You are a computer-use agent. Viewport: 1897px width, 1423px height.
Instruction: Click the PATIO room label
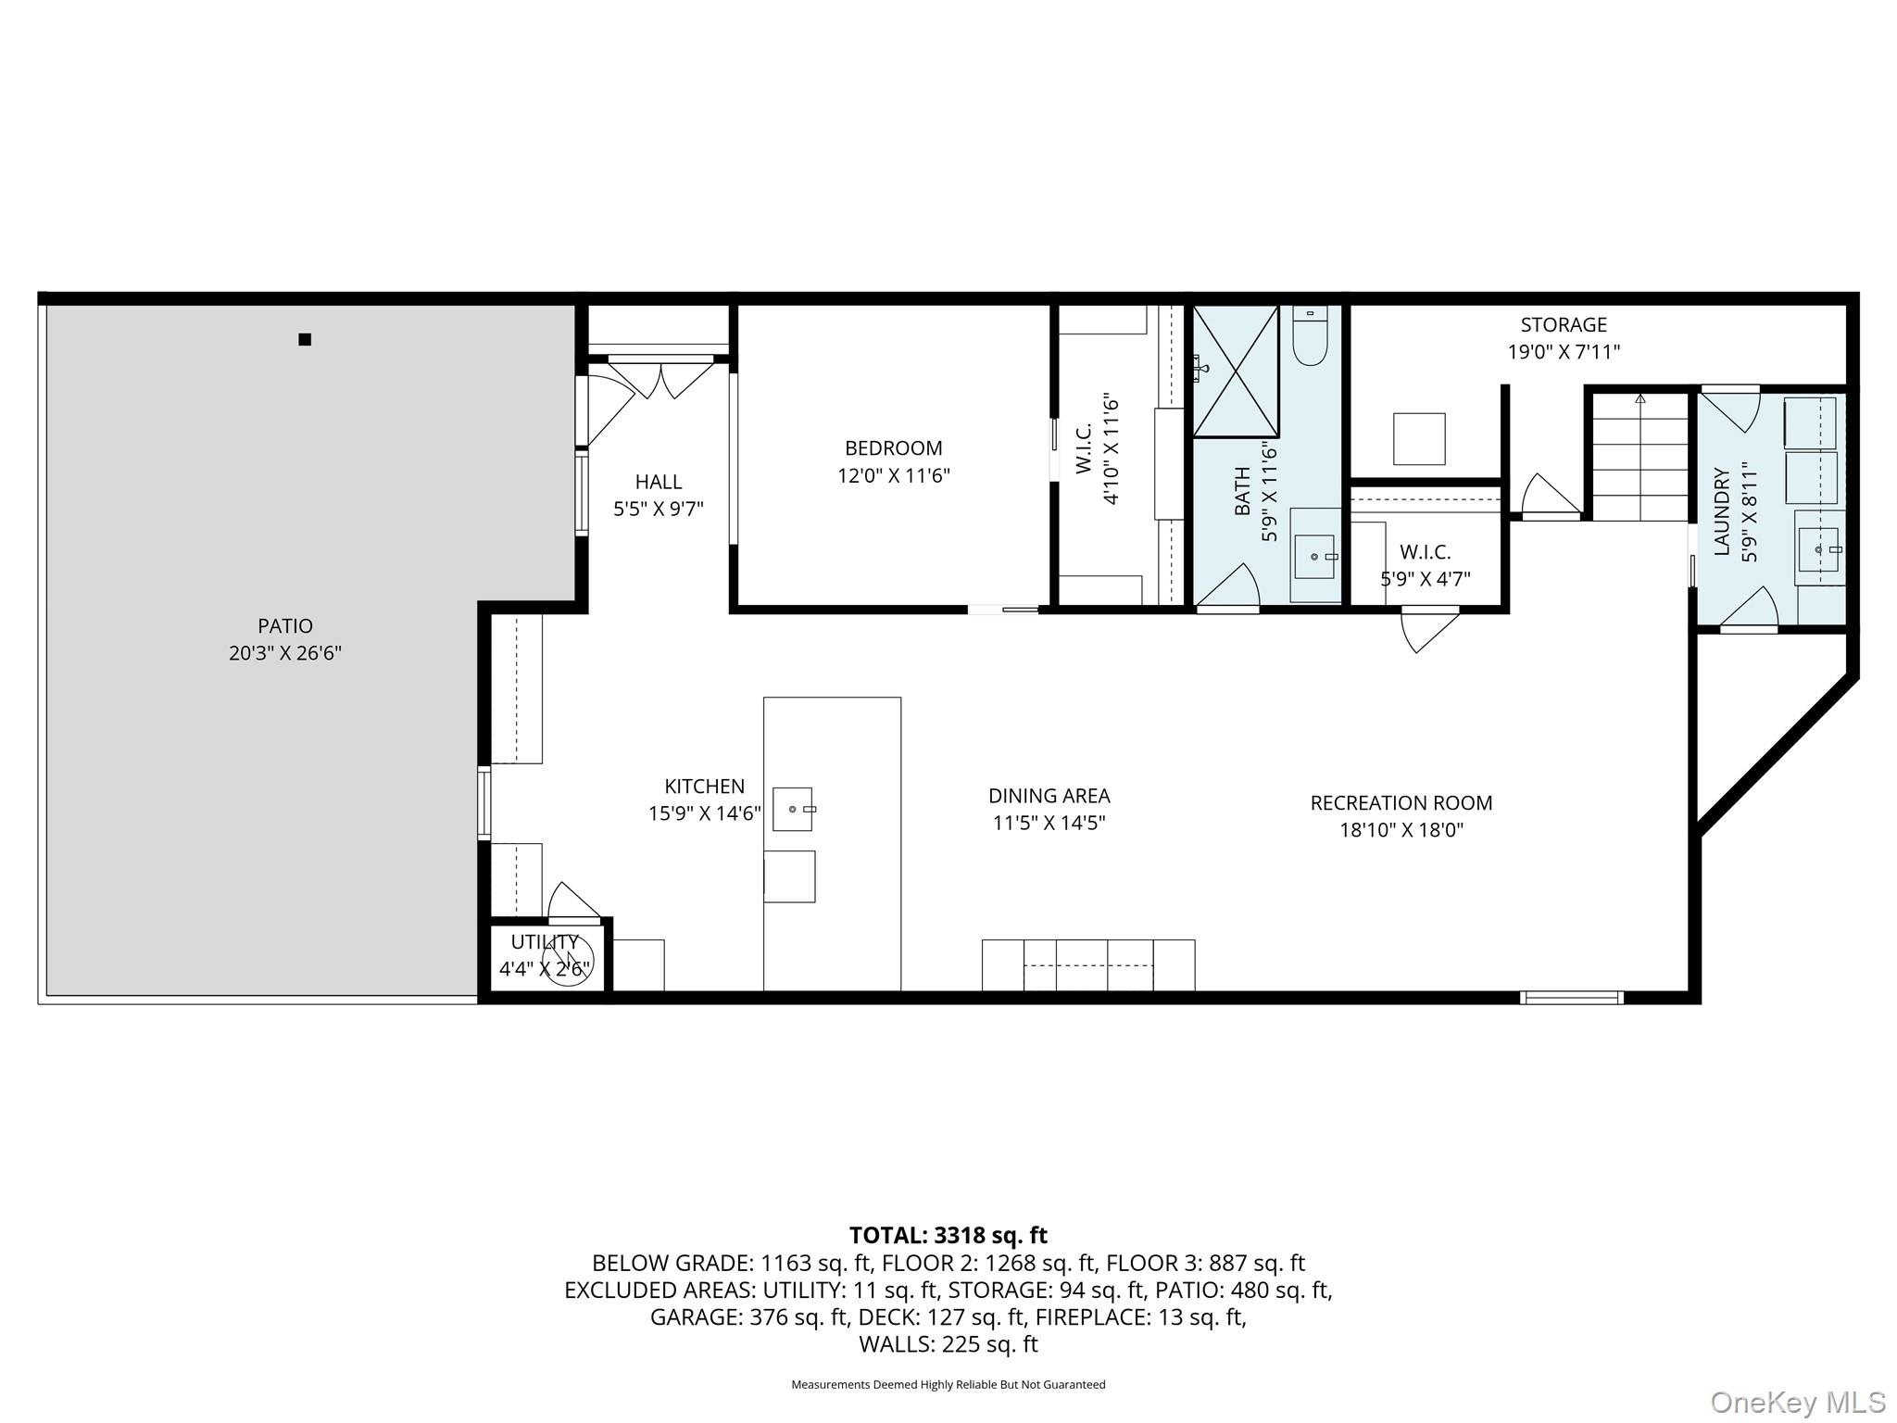(x=285, y=626)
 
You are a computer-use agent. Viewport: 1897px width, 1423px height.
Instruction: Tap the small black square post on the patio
(x=305, y=339)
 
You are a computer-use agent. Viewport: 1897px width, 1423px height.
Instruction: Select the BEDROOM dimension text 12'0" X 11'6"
(x=894, y=476)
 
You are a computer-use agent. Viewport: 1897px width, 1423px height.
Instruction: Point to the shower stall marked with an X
(x=1236, y=371)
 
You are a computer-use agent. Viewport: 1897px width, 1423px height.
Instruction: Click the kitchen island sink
(x=793, y=809)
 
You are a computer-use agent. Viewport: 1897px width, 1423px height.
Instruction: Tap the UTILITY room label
(x=545, y=942)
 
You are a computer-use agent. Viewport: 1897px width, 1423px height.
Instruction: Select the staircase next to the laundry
(x=1640, y=458)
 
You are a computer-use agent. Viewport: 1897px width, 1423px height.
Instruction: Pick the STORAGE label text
(x=1564, y=325)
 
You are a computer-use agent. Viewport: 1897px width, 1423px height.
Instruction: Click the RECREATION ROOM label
(x=1401, y=803)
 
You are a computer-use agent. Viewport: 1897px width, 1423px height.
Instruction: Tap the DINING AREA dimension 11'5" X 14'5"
(x=1049, y=823)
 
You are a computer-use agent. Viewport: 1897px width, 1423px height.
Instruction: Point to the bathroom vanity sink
(x=1314, y=556)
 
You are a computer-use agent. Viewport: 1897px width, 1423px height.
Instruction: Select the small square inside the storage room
(x=1419, y=439)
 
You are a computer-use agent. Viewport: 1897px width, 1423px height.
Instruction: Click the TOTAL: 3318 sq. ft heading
(x=948, y=1235)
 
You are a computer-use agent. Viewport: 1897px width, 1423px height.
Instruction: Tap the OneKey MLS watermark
(x=1797, y=1402)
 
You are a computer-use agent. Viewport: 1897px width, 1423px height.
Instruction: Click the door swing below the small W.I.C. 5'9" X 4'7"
(x=1427, y=630)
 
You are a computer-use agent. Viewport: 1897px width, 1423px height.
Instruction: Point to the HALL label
(x=659, y=482)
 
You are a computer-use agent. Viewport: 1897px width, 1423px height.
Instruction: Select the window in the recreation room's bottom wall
(x=1571, y=998)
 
